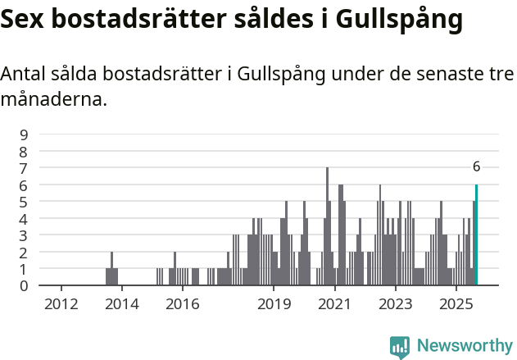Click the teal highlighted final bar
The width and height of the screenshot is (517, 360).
pyautogui.click(x=476, y=235)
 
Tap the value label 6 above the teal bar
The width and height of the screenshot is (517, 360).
pyautogui.click(x=476, y=166)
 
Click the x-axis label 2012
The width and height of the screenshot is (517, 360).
pyautogui.click(x=61, y=305)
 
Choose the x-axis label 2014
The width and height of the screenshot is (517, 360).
pyautogui.click(x=121, y=305)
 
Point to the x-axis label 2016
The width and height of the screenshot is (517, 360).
pyautogui.click(x=182, y=305)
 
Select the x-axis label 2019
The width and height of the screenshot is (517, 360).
pyautogui.click(x=274, y=305)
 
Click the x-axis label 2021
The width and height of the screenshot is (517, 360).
pyautogui.click(x=334, y=305)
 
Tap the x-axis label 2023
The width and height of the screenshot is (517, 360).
pyautogui.click(x=396, y=305)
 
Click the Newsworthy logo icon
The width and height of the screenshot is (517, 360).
pyautogui.click(x=400, y=347)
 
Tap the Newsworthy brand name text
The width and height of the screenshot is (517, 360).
pyautogui.click(x=464, y=346)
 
